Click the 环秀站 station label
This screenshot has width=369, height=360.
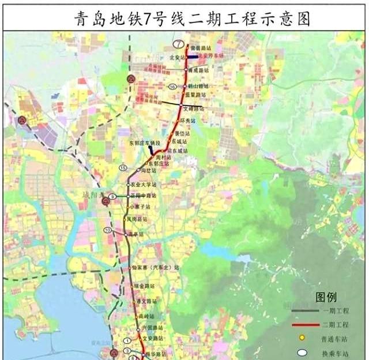pyautogui.click(x=189, y=121)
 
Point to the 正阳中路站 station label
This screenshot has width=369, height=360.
pyautogui.click(x=143, y=196)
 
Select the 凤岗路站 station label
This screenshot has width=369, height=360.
pyautogui.click(x=138, y=219)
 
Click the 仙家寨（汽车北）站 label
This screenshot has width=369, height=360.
pyautogui.click(x=156, y=267)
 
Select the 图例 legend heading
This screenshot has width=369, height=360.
pyautogui.click(x=326, y=297)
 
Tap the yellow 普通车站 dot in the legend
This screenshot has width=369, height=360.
pyautogui.click(x=302, y=338)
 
